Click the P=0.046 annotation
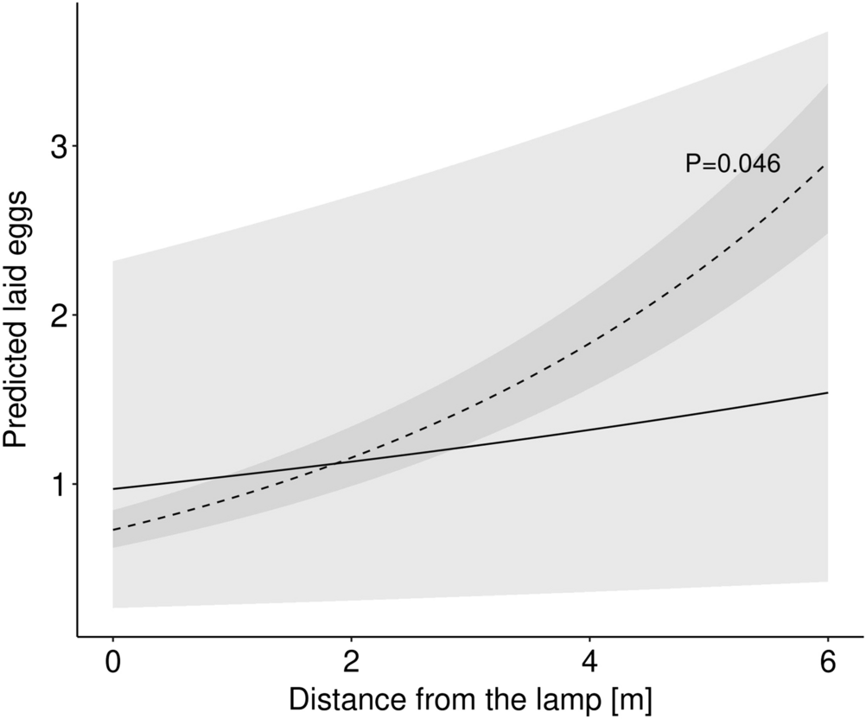click(733, 164)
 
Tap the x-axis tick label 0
click(113, 663)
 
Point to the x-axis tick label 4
click(590, 663)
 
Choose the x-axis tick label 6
click(828, 663)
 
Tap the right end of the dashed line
click(828, 165)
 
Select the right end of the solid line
click(828, 392)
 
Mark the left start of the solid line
click(113, 489)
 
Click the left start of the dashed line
click(113, 530)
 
